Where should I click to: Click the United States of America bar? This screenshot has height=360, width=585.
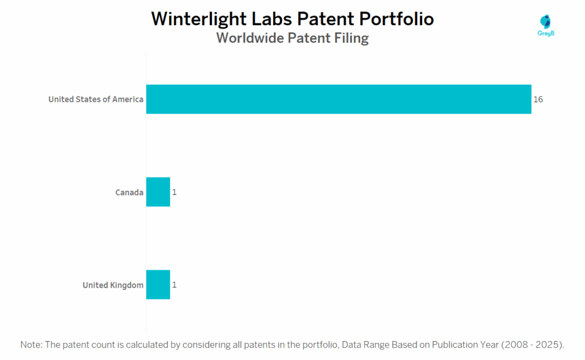coord(338,99)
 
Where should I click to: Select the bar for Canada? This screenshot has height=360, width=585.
coord(158,192)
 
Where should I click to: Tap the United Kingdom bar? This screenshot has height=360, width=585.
coord(158,285)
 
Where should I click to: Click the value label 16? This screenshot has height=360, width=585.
coord(538,99)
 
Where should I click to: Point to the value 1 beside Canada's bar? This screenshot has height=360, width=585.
coord(174,193)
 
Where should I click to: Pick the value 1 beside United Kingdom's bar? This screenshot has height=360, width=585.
coord(174,285)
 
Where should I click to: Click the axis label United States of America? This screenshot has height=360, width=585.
coord(95,99)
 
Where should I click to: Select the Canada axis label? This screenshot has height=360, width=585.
coord(129,193)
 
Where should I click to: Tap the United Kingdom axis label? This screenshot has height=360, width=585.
coord(113,285)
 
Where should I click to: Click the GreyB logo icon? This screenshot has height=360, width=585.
coord(546,21)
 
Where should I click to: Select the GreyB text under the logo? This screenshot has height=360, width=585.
coord(547,34)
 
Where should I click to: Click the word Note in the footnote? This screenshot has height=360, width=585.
coord(30,345)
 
